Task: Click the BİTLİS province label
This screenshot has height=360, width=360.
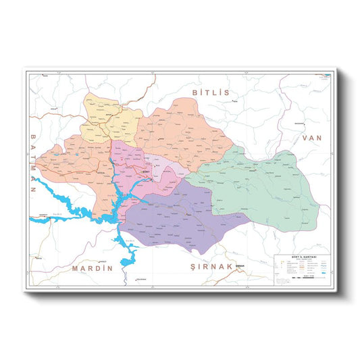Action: click(211, 92)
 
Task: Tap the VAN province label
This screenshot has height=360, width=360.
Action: click(313, 137)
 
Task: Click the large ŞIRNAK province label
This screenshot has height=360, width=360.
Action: click(211, 267)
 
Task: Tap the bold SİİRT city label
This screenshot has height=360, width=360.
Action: click(147, 173)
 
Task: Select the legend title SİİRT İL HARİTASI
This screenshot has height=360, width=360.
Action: click(302, 258)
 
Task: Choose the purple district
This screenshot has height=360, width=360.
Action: click(179, 216)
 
